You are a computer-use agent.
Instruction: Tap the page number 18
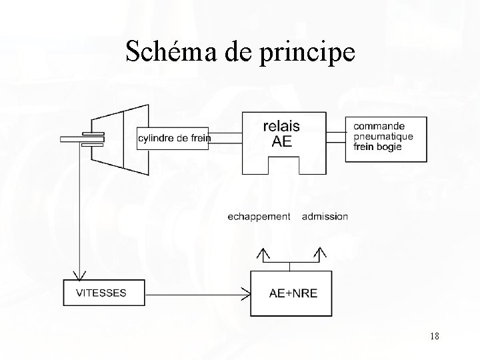(x=434, y=337)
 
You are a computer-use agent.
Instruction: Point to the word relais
(x=281, y=125)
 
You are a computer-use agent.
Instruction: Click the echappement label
(x=259, y=216)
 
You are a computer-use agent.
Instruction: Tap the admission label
(x=325, y=216)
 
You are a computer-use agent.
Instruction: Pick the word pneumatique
(x=383, y=136)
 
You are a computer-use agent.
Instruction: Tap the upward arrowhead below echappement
(x=263, y=253)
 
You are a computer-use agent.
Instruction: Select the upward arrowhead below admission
(x=321, y=253)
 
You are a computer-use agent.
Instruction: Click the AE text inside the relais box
(x=281, y=141)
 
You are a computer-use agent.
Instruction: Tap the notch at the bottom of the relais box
(x=283, y=165)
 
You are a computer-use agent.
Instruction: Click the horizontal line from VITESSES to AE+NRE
(x=193, y=293)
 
